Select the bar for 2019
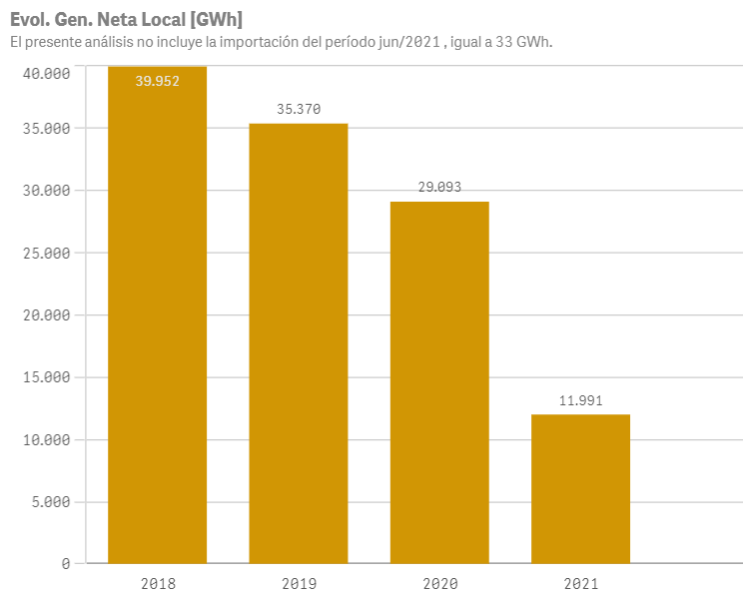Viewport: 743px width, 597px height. (299, 344)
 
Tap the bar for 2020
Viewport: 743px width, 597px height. (439, 384)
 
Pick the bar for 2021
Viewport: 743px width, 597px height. (580, 489)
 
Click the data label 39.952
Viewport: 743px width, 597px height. (158, 82)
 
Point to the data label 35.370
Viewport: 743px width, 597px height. (299, 109)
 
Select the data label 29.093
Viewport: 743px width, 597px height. (439, 187)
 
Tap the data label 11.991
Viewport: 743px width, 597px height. (580, 399)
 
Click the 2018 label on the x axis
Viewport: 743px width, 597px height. (158, 582)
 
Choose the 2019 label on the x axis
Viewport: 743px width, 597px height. (299, 582)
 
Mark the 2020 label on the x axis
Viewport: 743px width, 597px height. (439, 582)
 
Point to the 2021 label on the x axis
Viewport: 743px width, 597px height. (580, 582)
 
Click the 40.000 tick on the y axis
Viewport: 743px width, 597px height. (47, 73)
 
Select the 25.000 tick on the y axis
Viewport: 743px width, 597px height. (47, 253)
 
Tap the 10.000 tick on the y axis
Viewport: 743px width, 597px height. (47, 440)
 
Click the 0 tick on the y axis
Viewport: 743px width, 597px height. (65, 564)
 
